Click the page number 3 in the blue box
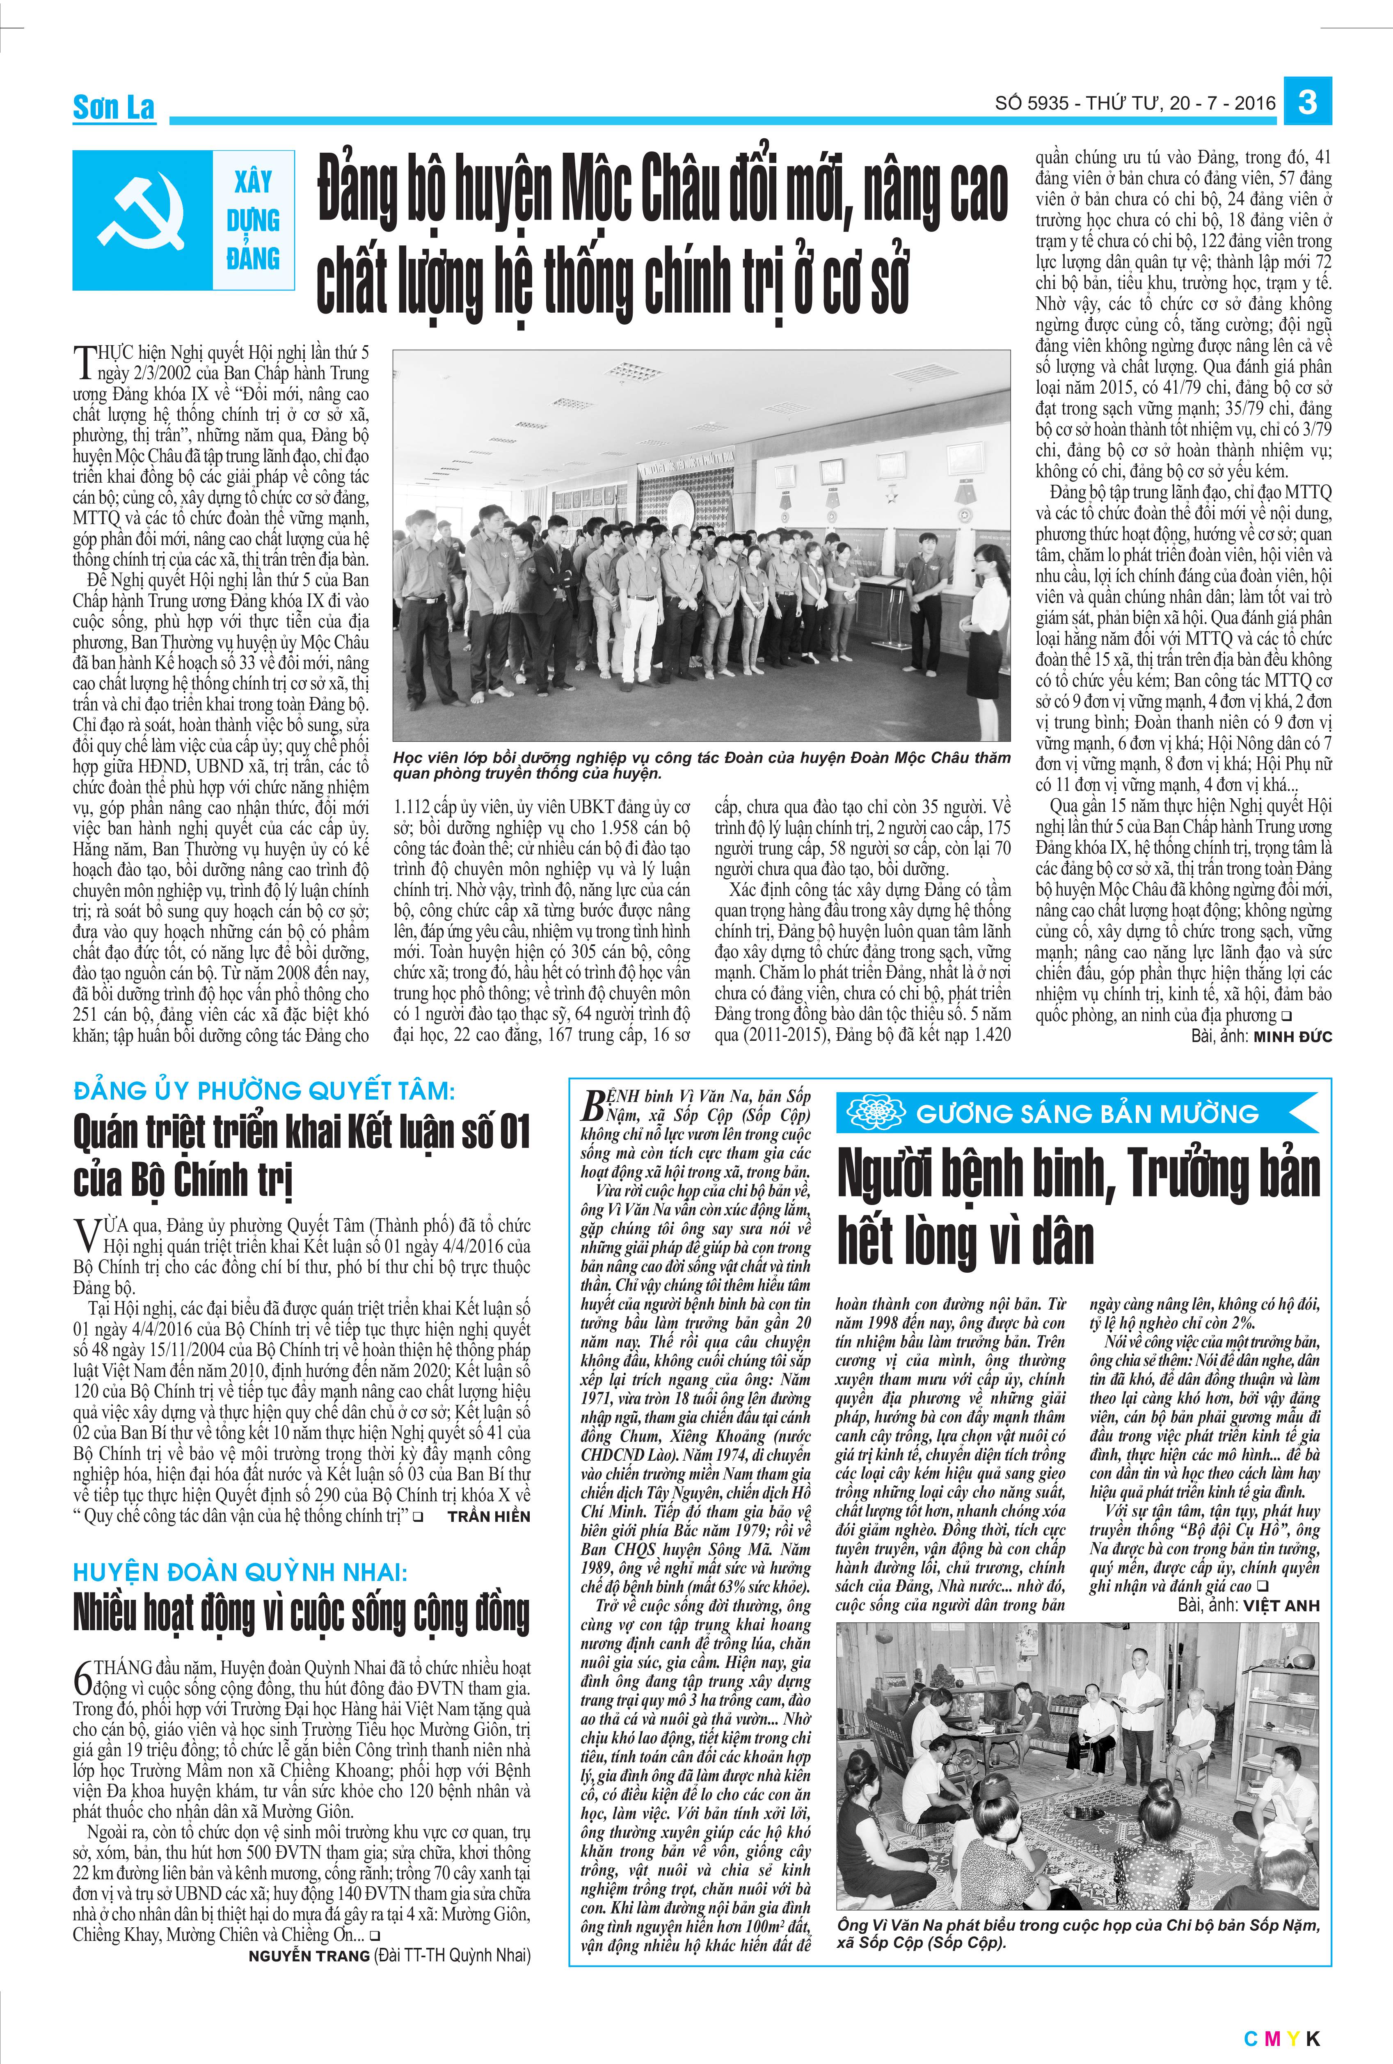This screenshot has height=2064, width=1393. coord(1307,103)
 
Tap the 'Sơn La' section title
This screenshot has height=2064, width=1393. coord(114,108)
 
